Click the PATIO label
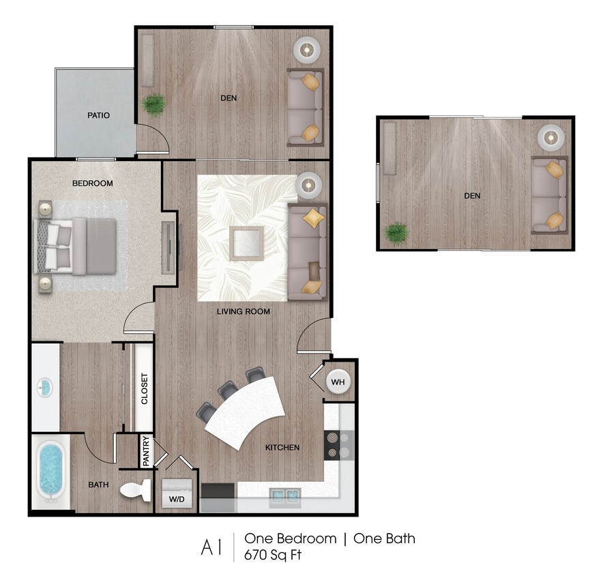[x=98, y=115]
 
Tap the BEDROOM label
[x=92, y=184]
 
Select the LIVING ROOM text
[x=244, y=311]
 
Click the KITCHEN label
[x=282, y=448]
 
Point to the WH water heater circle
[x=338, y=382]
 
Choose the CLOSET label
[x=145, y=389]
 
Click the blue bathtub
[x=50, y=470]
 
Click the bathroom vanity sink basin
[x=44, y=388]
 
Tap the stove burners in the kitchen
[x=333, y=444]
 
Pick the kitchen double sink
[x=284, y=495]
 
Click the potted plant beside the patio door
[x=155, y=104]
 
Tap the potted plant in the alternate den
[x=396, y=233]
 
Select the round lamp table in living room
[x=309, y=183]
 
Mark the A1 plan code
[x=211, y=547]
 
